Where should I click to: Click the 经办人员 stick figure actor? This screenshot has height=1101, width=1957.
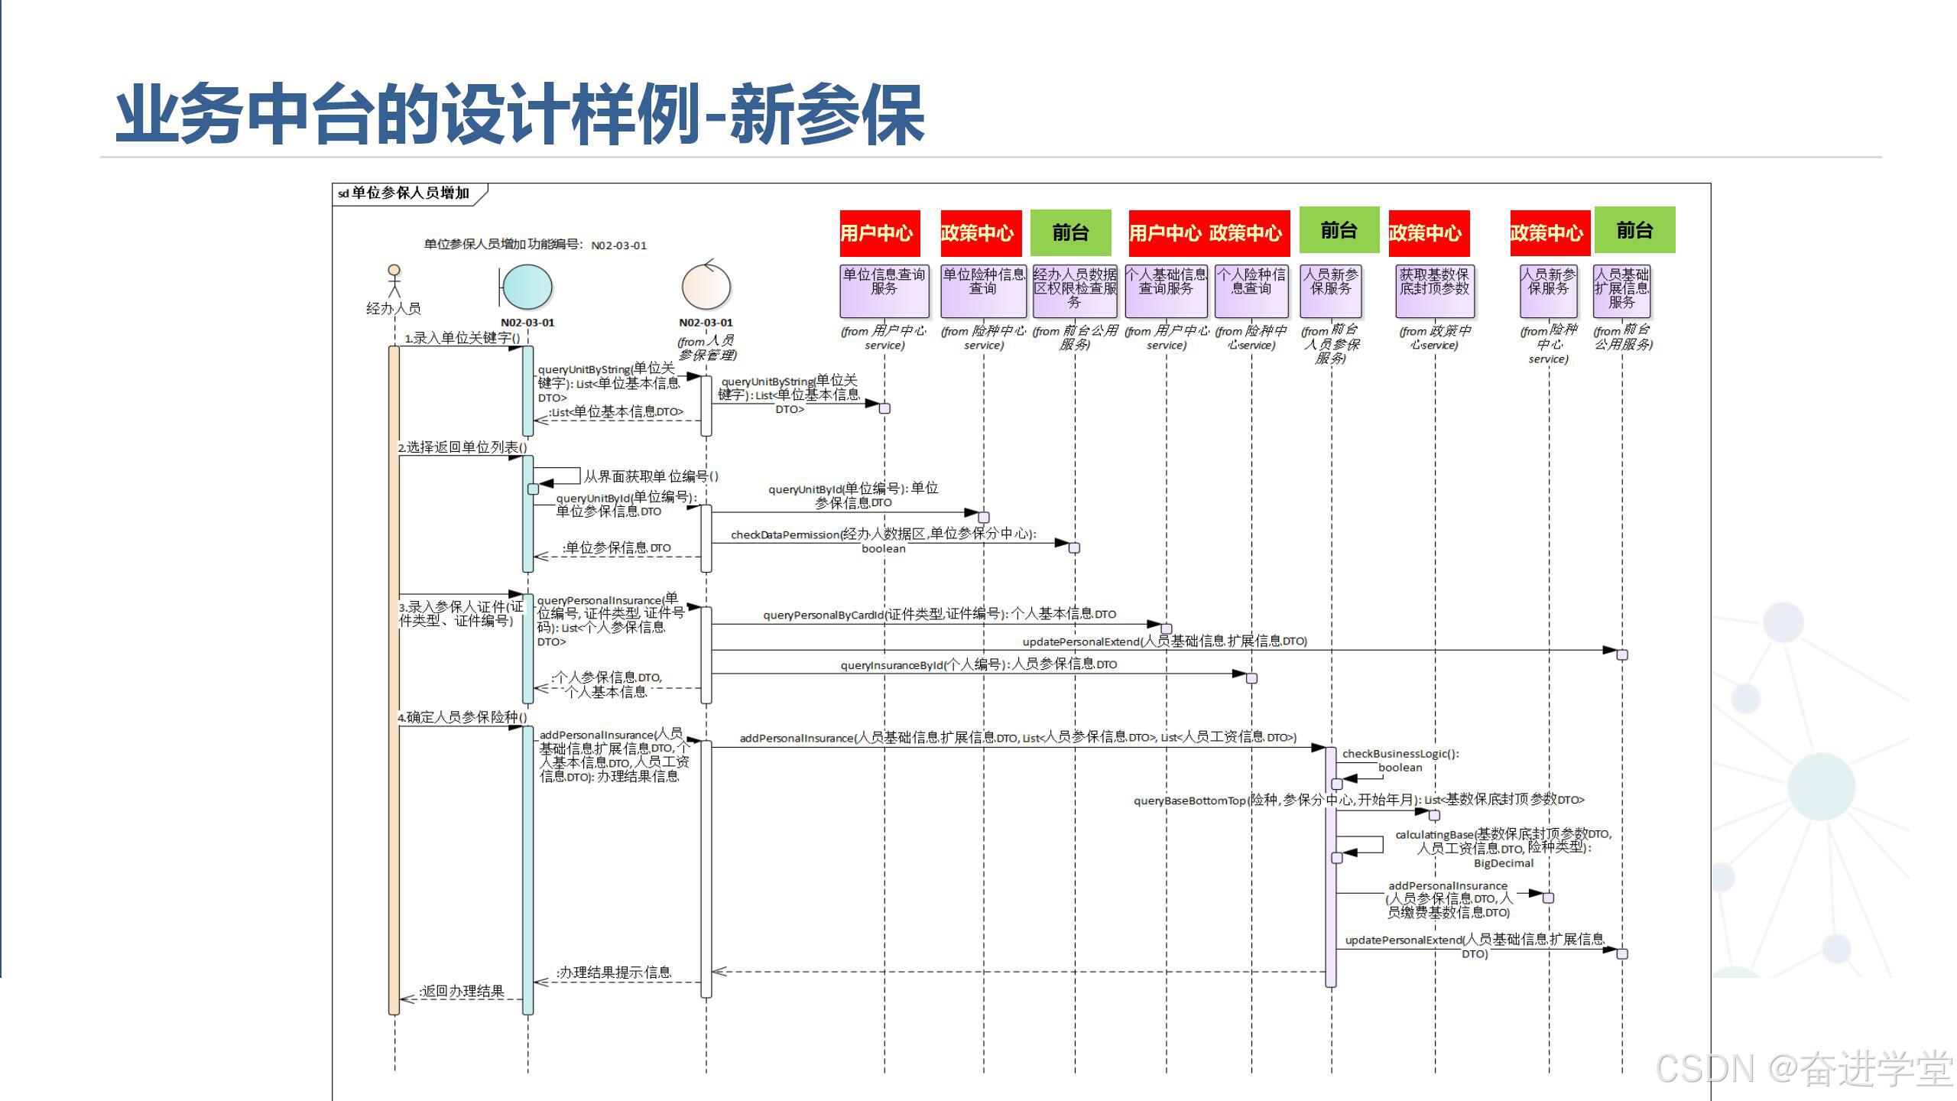point(394,281)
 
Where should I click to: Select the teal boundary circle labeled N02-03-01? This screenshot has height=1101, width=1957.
point(527,287)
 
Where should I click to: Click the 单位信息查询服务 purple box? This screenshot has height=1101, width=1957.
point(884,291)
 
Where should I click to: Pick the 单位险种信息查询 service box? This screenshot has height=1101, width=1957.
point(983,291)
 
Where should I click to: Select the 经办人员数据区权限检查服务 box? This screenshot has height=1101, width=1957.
point(1075,291)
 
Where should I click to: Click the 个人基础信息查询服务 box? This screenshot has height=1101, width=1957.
point(1166,291)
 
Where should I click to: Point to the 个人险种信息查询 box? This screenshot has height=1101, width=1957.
point(1251,291)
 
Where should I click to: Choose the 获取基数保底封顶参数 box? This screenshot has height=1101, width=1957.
point(1434,291)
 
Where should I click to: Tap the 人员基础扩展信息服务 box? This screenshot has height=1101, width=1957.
point(1621,291)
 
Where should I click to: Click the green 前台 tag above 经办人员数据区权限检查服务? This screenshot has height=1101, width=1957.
point(1070,232)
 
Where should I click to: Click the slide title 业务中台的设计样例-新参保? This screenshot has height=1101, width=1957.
point(520,115)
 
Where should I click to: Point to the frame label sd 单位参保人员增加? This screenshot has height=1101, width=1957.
point(405,193)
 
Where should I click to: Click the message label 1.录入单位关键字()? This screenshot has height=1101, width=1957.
point(462,338)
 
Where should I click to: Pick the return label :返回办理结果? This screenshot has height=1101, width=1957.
point(462,991)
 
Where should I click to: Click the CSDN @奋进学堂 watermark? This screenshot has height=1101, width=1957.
point(1804,1068)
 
